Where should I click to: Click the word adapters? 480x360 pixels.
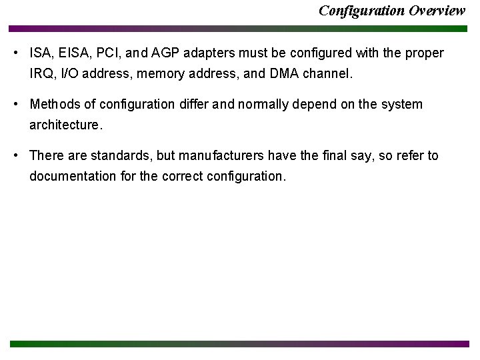[201, 53]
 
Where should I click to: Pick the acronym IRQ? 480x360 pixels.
[41, 73]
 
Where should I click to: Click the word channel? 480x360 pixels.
[326, 73]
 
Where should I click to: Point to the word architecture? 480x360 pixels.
[65, 125]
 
